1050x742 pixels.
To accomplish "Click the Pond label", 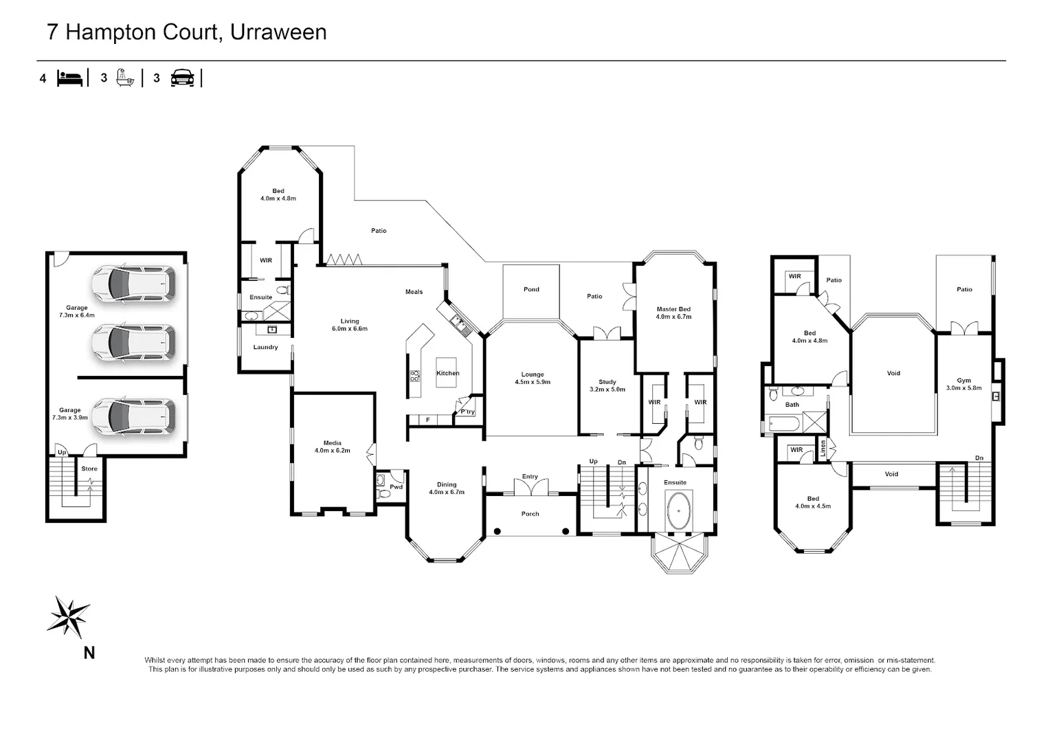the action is pyautogui.click(x=531, y=289).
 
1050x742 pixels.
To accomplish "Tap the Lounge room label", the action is pyautogui.click(x=533, y=374).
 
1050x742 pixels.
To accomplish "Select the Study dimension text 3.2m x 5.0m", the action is pyautogui.click(x=607, y=390).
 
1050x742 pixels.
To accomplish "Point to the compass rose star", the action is pyautogui.click(x=69, y=616).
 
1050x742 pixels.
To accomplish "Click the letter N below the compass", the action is pyautogui.click(x=89, y=653).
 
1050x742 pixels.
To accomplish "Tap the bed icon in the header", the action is pyautogui.click(x=70, y=78).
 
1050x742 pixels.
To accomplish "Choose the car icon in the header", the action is pyautogui.click(x=182, y=78).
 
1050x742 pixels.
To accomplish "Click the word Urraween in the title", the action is pyautogui.click(x=278, y=32).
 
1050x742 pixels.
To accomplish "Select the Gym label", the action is pyautogui.click(x=963, y=381).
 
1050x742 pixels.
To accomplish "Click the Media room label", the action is pyautogui.click(x=333, y=443).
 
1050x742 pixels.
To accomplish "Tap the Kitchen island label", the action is pyautogui.click(x=447, y=373).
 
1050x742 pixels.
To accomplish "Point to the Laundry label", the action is pyautogui.click(x=265, y=348).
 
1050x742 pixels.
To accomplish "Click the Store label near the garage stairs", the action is pyautogui.click(x=89, y=469).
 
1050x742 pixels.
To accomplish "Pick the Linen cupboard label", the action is pyautogui.click(x=823, y=449).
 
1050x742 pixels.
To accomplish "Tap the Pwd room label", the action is pyautogui.click(x=396, y=487).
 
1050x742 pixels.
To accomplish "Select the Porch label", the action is pyautogui.click(x=530, y=514).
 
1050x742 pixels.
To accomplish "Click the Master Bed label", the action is pyautogui.click(x=673, y=309).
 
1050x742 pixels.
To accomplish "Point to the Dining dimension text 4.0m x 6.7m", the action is pyautogui.click(x=446, y=492).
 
